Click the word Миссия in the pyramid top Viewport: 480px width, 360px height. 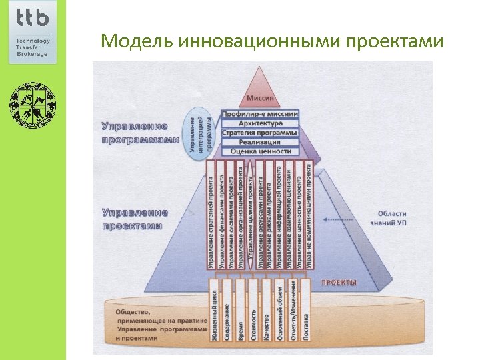tap(261, 99)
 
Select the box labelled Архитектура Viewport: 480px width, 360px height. tap(261, 123)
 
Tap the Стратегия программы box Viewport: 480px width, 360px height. tap(261, 133)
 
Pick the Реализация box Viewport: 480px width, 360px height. tap(261, 142)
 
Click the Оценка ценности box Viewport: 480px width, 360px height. tap(261, 151)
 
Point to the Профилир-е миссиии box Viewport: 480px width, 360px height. tap(261, 114)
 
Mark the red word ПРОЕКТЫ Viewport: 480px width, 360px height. tap(339, 283)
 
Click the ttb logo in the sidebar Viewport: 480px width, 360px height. tap(33, 19)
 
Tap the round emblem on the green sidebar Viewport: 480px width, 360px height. tap(33, 105)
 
